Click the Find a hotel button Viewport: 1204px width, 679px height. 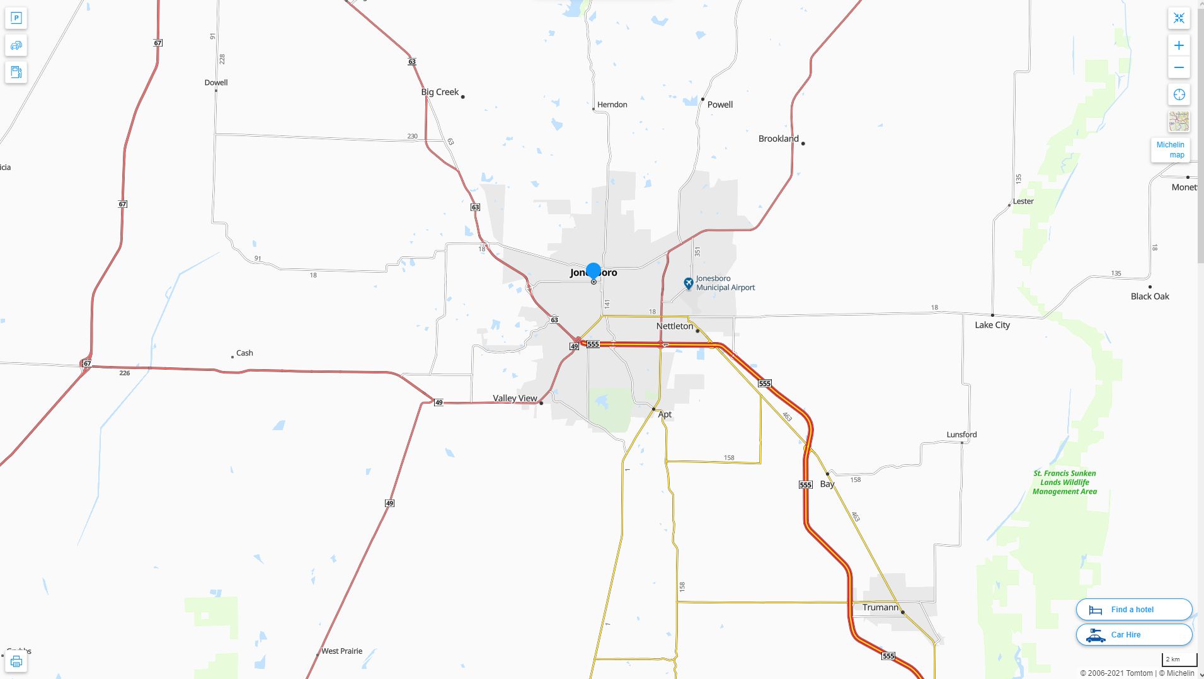1134,609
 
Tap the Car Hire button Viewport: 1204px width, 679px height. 1134,634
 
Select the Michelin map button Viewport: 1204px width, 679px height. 1170,150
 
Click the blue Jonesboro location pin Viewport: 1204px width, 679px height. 593,271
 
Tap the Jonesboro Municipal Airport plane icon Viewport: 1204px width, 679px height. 689,283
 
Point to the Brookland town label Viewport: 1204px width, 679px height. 778,139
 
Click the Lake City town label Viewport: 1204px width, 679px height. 992,325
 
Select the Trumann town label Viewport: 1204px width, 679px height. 880,607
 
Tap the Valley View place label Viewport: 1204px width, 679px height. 515,398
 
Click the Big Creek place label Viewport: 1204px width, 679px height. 440,92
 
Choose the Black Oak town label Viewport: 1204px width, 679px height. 1150,296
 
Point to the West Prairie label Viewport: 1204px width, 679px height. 341,651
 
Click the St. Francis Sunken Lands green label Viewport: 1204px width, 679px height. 1064,482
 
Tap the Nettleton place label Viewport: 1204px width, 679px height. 674,326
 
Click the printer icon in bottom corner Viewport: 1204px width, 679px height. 16,661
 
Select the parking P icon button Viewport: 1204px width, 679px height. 16,18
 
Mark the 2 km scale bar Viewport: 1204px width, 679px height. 1179,660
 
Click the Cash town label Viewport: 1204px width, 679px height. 244,353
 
